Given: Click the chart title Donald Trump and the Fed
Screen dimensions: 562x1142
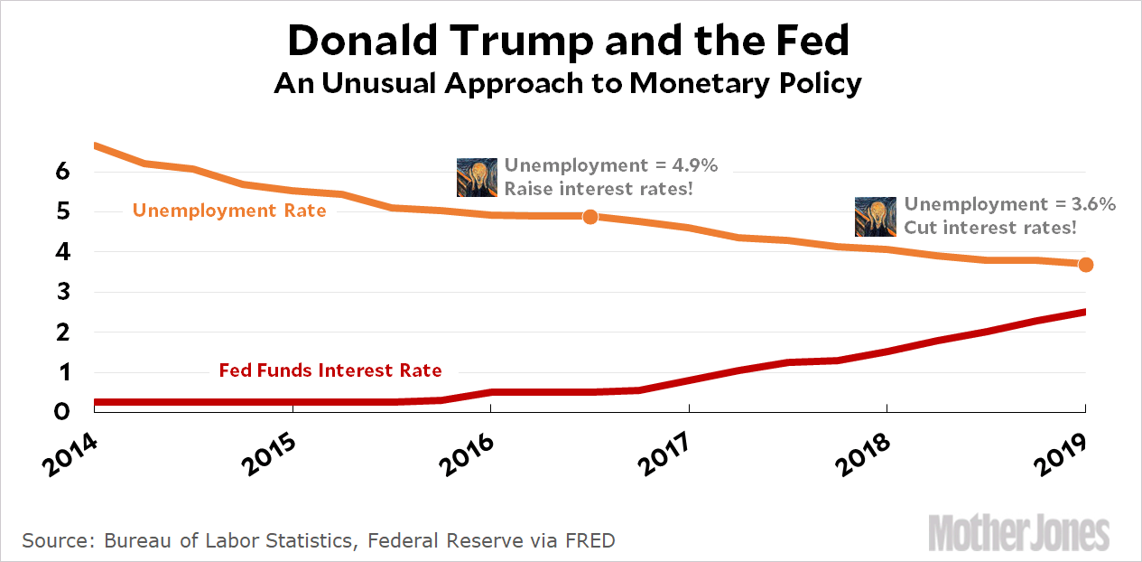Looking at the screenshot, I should (571, 41).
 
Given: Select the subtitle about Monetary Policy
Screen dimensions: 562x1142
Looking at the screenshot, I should (568, 83).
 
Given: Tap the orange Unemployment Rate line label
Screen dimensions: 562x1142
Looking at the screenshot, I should (229, 211).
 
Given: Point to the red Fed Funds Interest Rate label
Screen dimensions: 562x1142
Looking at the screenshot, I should (330, 370).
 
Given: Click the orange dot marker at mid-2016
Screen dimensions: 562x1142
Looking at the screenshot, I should (590, 216).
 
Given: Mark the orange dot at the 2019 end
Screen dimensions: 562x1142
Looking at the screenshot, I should (1086, 265).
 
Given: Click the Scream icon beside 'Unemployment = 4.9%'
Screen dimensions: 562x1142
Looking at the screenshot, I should (478, 177).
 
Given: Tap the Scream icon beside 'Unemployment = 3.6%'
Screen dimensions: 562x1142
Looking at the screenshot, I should (876, 217).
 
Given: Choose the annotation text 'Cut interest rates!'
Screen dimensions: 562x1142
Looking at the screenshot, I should (990, 228).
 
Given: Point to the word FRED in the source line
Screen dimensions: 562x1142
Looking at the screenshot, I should (588, 541).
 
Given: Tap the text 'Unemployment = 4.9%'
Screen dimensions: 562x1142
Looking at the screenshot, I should (610, 165).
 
